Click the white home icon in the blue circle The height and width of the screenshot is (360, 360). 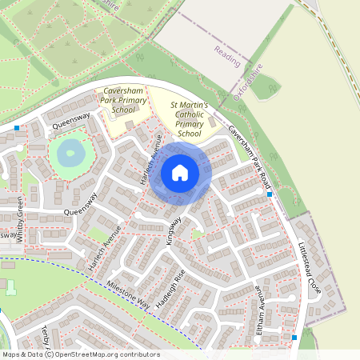[180, 172]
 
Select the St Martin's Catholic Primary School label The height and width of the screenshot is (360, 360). [190, 119]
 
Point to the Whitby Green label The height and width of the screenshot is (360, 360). [22, 220]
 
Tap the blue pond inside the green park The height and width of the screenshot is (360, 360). [70, 151]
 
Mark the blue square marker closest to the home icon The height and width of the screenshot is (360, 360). [270, 194]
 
